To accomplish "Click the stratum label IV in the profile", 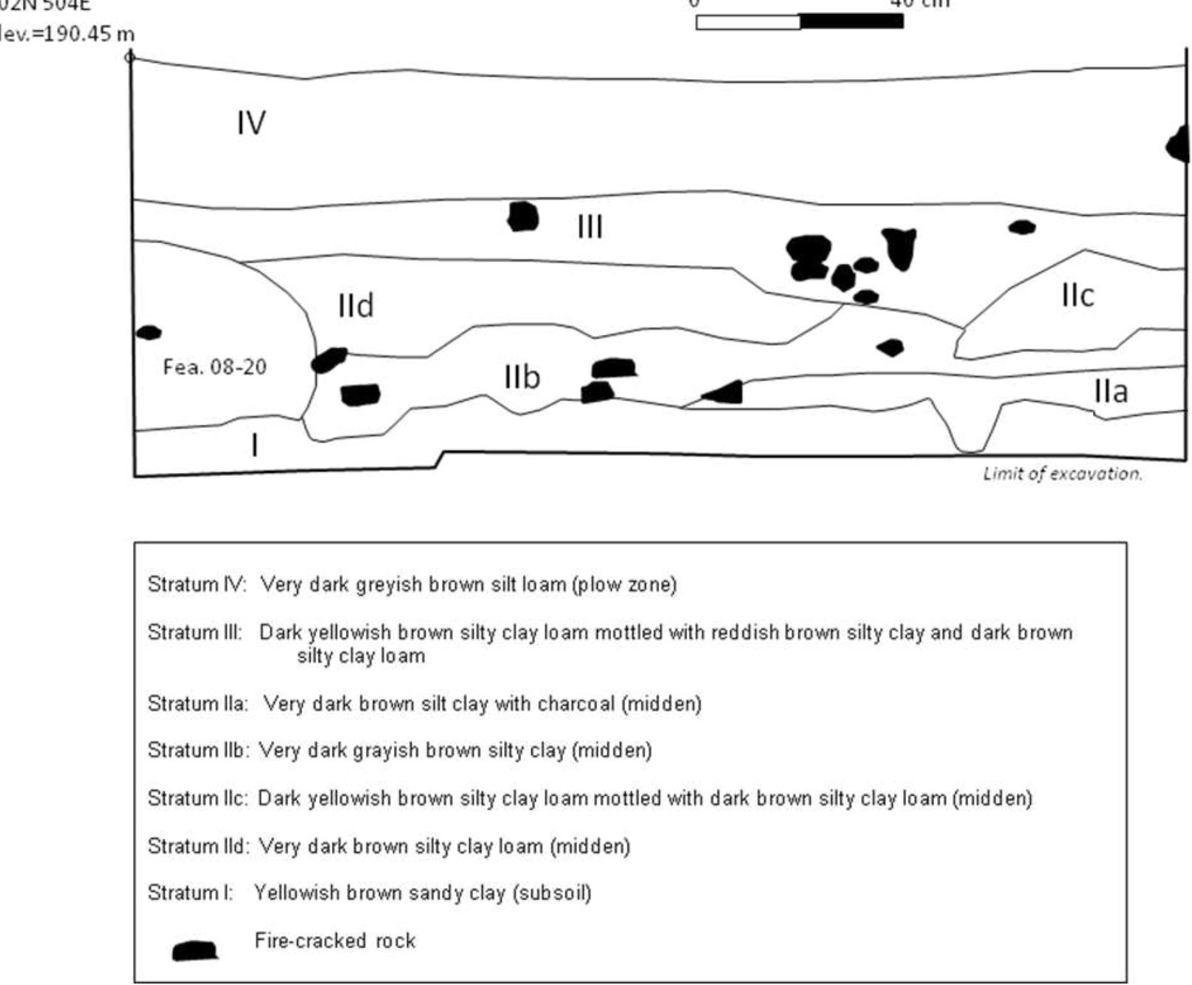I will (251, 123).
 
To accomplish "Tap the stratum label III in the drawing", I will (590, 226).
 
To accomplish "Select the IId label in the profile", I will (355, 305).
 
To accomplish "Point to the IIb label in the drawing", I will (522, 377).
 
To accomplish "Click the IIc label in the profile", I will (1077, 295).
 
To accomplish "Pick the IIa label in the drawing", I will (1111, 391).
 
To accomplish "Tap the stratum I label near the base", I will (255, 446).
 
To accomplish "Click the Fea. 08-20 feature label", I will (214, 367).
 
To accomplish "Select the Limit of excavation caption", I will (1062, 474).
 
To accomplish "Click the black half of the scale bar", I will (851, 21).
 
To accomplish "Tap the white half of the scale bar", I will (748, 21).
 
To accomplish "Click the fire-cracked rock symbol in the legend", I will (194, 950).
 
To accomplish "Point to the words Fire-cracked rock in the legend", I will (335, 941).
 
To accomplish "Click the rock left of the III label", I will (523, 216).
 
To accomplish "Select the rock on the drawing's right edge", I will (1179, 145).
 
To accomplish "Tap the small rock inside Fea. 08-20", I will (149, 333).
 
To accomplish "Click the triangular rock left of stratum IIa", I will (725, 393).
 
